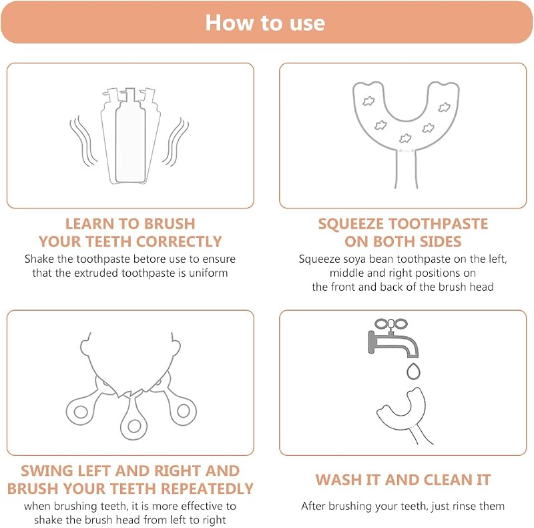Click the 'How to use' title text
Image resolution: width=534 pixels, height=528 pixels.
[265, 23]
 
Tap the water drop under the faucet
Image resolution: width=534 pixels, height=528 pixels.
[413, 371]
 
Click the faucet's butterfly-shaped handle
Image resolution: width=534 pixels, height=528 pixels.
[391, 323]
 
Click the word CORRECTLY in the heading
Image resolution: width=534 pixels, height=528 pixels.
[179, 241]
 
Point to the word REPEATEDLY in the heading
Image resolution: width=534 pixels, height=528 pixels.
[207, 489]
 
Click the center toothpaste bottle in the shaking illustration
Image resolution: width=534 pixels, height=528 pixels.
[130, 136]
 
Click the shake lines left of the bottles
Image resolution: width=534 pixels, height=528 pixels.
[83, 141]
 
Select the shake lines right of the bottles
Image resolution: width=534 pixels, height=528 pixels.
[176, 142]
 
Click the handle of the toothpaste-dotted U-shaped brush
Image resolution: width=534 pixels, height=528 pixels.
[406, 169]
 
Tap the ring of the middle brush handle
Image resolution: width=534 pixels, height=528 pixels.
[134, 426]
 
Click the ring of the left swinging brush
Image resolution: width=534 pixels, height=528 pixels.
[81, 412]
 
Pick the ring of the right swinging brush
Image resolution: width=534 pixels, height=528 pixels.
[183, 410]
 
